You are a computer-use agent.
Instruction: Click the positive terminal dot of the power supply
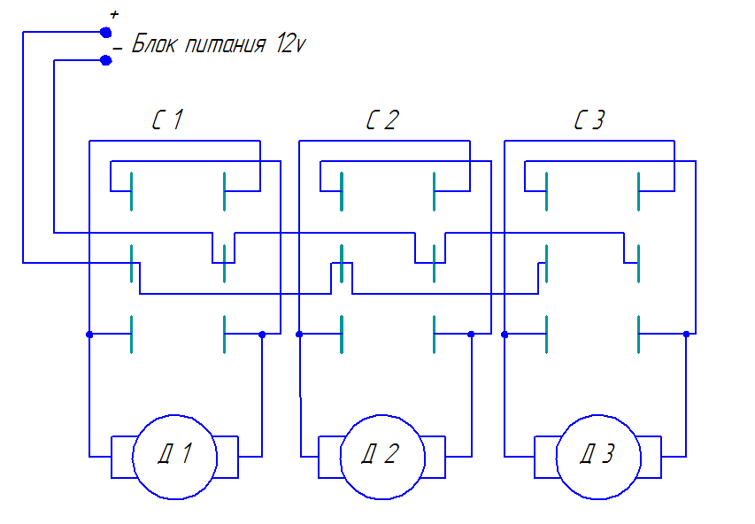point(106,32)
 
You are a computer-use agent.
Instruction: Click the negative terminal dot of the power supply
point(106,60)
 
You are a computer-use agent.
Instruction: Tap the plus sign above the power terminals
point(113,15)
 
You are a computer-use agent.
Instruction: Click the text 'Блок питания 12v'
point(219,45)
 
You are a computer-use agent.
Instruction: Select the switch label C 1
point(167,120)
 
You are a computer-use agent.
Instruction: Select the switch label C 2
point(381,120)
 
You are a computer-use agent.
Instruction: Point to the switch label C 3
point(589,120)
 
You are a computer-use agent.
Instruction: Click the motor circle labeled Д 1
point(174,457)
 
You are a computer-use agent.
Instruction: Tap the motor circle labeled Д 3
point(597,457)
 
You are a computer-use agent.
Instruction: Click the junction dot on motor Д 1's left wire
point(89,335)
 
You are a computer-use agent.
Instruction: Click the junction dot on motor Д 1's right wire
point(262,335)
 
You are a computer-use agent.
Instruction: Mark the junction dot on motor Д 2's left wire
point(299,335)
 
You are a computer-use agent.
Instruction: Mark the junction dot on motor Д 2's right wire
point(471,335)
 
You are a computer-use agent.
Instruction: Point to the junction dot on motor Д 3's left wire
point(505,335)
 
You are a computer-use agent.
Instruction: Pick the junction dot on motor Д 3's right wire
point(687,335)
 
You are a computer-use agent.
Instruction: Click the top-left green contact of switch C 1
point(131,190)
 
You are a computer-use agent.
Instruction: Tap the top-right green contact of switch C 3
point(639,190)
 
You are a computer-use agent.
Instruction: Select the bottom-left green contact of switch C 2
point(342,334)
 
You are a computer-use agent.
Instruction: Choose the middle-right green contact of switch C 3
point(639,263)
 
